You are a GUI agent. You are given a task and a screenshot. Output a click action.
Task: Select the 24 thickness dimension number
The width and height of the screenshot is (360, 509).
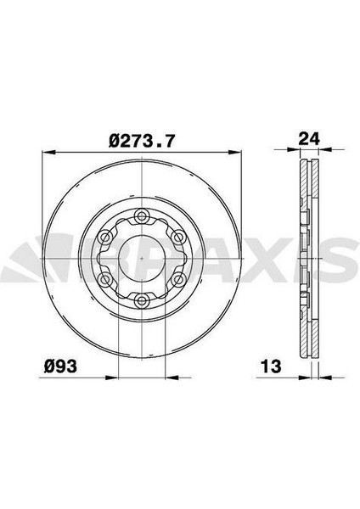[x=309, y=137]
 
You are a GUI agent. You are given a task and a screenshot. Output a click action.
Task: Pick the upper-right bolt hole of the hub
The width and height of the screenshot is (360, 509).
[x=178, y=236]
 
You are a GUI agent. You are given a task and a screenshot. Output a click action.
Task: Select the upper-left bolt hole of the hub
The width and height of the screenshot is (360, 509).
[x=105, y=236]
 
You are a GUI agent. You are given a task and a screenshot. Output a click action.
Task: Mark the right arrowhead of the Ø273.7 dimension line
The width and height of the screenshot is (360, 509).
[x=238, y=153]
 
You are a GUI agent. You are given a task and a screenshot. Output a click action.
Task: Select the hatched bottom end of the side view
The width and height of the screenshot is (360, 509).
[x=309, y=348]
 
